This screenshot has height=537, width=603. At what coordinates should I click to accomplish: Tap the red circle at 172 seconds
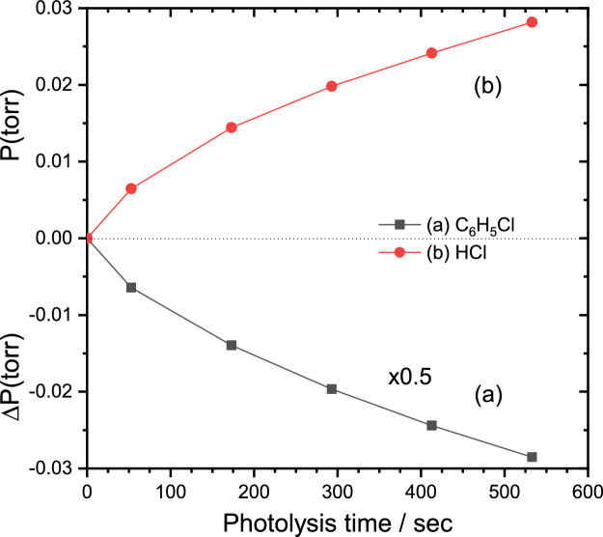click(232, 127)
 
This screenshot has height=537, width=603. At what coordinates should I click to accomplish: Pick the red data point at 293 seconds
click(332, 86)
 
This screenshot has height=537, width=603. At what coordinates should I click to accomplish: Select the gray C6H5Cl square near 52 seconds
click(131, 288)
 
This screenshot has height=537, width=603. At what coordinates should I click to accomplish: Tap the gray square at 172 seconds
click(232, 345)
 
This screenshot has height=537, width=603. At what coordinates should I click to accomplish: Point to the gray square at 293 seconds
click(332, 389)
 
